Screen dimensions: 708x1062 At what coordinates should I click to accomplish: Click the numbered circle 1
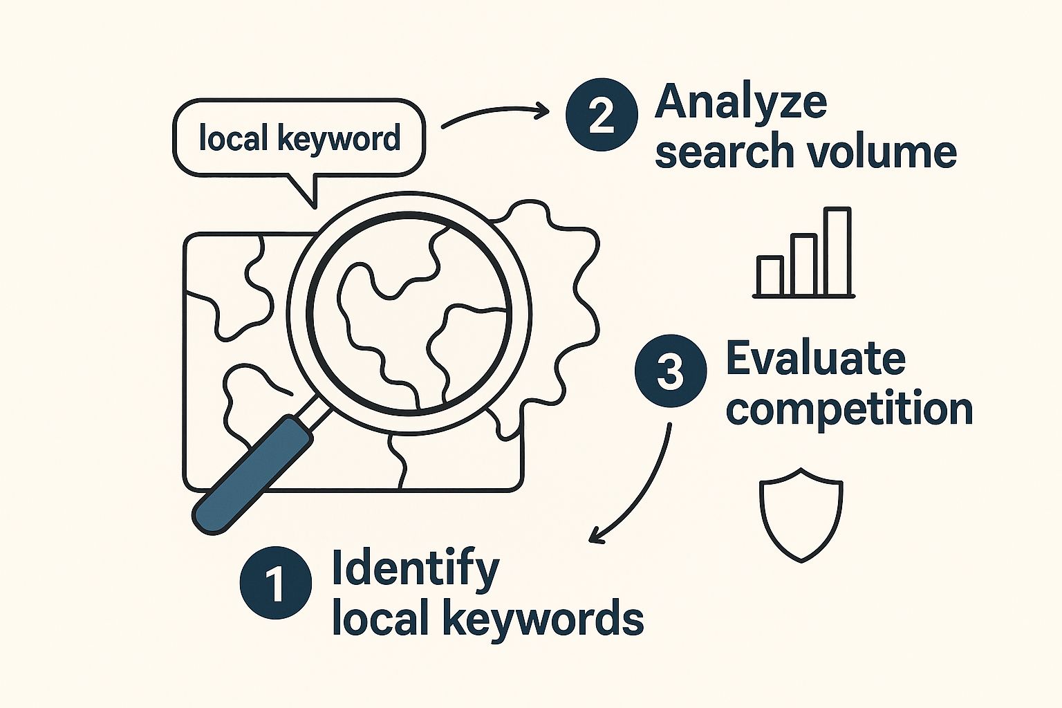click(x=275, y=583)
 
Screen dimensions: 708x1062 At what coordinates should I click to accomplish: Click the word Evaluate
click(x=815, y=359)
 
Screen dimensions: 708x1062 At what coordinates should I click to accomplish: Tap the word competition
click(x=849, y=409)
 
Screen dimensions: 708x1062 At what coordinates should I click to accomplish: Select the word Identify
click(x=416, y=568)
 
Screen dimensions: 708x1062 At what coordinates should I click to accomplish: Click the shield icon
click(x=801, y=513)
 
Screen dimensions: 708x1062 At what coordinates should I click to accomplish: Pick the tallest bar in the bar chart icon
click(x=837, y=252)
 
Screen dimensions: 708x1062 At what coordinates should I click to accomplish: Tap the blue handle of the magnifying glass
click(x=253, y=474)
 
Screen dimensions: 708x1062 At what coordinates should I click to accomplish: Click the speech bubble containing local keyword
click(x=299, y=138)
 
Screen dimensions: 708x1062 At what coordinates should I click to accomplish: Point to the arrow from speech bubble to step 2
click(x=494, y=113)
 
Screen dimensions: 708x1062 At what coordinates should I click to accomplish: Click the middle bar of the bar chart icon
click(x=803, y=264)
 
